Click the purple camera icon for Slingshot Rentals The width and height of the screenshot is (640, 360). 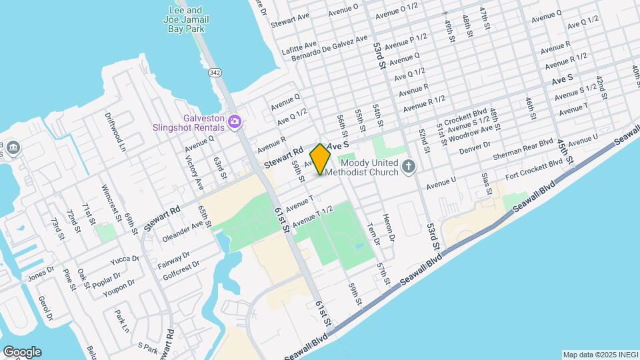234,121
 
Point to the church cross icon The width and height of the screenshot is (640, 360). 410,167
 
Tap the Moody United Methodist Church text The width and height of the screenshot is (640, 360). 369,168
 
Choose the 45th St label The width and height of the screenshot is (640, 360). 566,153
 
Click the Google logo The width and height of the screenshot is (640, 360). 22,351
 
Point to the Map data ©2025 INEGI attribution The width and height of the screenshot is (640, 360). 599,355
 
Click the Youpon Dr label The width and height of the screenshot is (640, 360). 118,287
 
